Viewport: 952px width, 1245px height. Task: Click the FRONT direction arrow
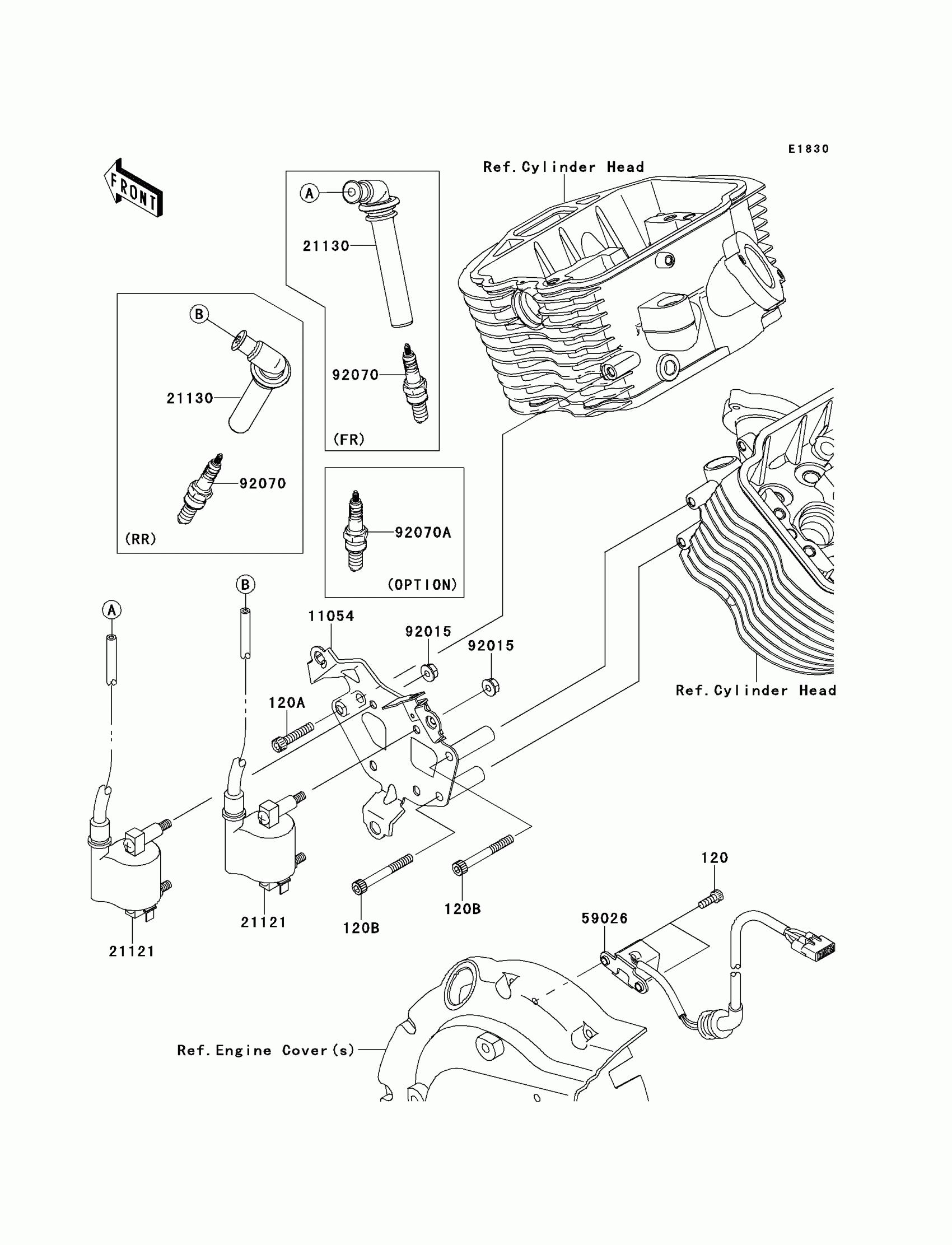[133, 188]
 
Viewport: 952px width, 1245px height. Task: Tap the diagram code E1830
[809, 149]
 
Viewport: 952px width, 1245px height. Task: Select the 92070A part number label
[423, 532]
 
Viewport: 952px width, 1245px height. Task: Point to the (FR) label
[348, 439]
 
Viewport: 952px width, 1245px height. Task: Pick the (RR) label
[140, 539]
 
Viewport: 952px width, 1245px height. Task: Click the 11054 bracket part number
[331, 616]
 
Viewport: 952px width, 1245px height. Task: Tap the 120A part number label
[287, 703]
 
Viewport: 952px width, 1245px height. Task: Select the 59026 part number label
[605, 918]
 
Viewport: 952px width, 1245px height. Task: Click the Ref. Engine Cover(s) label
[266, 1051]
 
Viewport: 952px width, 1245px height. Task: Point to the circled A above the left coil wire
[111, 610]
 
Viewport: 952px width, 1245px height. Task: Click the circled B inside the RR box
[199, 314]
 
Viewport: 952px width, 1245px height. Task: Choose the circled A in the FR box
[309, 194]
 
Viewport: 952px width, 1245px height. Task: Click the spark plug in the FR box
[416, 384]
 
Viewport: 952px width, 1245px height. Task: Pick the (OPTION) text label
[422, 584]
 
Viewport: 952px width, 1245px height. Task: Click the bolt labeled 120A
[292, 736]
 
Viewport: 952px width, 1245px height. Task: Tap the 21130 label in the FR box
[326, 246]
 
